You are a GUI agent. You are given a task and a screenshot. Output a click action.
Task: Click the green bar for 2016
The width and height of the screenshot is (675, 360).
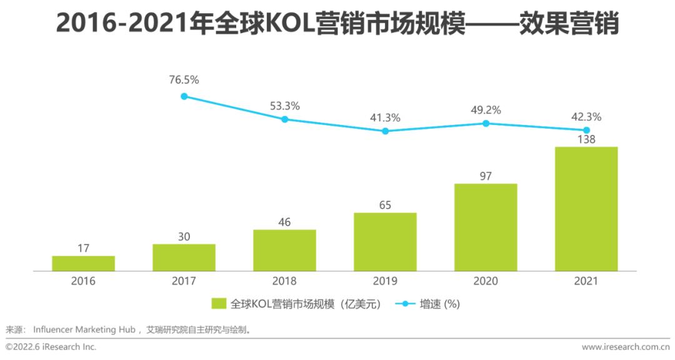click(x=83, y=263)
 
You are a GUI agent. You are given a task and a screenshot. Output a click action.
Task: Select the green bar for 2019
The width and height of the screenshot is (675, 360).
click(x=385, y=242)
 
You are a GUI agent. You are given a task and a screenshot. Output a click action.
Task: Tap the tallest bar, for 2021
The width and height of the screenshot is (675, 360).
click(x=586, y=209)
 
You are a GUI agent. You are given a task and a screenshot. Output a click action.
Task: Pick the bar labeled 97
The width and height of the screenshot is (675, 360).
click(x=486, y=227)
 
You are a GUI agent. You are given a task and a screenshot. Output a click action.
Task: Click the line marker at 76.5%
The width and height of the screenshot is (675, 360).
click(x=184, y=96)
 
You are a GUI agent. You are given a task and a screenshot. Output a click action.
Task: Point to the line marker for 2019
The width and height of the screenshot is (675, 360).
click(x=385, y=131)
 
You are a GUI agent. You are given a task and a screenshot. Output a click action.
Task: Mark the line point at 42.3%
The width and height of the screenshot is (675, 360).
click(x=586, y=129)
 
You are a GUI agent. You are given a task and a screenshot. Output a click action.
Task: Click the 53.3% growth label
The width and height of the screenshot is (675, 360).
click(x=284, y=106)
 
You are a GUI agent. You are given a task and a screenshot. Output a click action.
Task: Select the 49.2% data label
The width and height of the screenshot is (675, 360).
click(x=486, y=110)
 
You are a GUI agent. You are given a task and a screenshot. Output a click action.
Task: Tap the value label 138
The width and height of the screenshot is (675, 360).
click(x=586, y=139)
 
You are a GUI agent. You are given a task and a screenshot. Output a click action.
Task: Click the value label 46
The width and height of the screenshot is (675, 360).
click(x=284, y=222)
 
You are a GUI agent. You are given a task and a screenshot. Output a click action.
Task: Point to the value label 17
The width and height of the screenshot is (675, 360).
click(x=83, y=248)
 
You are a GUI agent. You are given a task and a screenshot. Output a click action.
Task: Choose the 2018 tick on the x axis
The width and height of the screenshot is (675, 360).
click(x=284, y=281)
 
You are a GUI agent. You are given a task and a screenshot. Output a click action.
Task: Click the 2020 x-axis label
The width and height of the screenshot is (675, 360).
click(x=486, y=281)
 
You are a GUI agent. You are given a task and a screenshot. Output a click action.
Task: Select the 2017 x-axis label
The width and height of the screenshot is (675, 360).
click(x=184, y=281)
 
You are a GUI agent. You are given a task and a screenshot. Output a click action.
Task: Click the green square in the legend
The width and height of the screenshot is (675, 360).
click(x=218, y=304)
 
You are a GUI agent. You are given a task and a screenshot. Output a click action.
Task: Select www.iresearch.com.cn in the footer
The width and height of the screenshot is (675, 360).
click(x=625, y=347)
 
